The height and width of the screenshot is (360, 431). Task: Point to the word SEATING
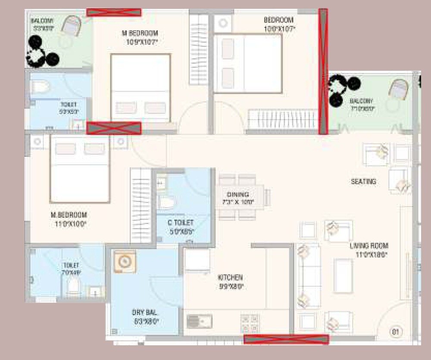point(363,182)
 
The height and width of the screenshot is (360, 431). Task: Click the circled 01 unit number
point(394,332)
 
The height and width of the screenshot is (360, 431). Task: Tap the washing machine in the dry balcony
point(125,261)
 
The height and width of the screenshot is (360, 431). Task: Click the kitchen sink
point(199,321)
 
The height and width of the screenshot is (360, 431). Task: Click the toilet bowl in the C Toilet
point(166,202)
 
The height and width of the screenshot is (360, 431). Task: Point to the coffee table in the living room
point(343,276)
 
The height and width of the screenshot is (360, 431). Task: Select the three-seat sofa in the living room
point(308,276)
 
